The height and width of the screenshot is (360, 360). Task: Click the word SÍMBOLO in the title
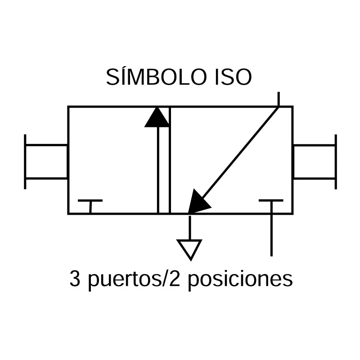pos(156,76)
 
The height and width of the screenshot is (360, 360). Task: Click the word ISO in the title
pos(233,77)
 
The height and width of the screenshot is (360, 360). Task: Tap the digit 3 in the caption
pos(75,279)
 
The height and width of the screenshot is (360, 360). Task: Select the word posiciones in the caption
pos(240,280)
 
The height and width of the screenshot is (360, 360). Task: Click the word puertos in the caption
pos(125,280)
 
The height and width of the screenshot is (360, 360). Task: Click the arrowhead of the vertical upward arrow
pos(157,117)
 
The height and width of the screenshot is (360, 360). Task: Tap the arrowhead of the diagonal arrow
pos(198,202)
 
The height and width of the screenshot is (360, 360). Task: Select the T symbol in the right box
pos(271,200)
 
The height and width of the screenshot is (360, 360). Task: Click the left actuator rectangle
pos(46,162)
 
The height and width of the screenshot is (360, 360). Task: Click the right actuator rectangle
pos(314,162)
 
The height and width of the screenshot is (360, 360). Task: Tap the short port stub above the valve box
pos(279,99)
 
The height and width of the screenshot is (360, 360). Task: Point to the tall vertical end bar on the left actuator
pos(25,162)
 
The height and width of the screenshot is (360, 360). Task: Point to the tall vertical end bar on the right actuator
pos(336,162)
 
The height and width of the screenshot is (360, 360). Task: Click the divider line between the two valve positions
pos(170,160)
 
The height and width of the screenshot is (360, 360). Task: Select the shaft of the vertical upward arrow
pos(158,170)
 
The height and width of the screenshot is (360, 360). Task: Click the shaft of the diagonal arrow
pos(240,153)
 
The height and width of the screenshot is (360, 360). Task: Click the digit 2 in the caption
pos(175,279)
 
